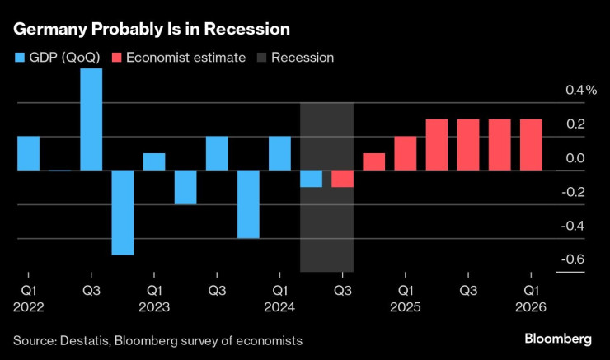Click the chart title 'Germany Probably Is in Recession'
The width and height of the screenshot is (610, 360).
point(151,29)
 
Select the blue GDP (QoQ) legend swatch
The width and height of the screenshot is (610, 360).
point(20,58)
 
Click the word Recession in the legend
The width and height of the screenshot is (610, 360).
point(303,58)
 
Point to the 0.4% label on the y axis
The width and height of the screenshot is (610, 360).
point(579,90)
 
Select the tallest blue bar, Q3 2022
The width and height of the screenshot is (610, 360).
point(91,119)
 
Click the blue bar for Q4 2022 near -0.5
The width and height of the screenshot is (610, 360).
point(123,213)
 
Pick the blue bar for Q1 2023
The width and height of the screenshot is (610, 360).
point(154,161)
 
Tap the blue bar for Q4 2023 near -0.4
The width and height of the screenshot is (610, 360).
point(248,204)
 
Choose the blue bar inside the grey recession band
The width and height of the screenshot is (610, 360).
point(311,179)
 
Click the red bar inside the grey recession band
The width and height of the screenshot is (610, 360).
point(342,179)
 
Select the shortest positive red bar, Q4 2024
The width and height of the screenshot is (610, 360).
point(373,161)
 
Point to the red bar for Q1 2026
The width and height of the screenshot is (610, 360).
point(531,145)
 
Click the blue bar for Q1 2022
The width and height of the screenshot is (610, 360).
point(28,153)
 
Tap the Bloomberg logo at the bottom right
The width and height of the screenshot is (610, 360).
point(558,339)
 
